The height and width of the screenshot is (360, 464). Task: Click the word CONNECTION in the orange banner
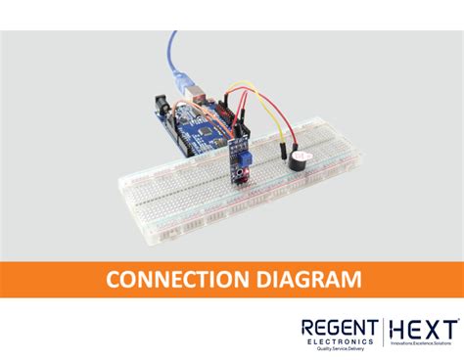(x=171, y=281)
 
